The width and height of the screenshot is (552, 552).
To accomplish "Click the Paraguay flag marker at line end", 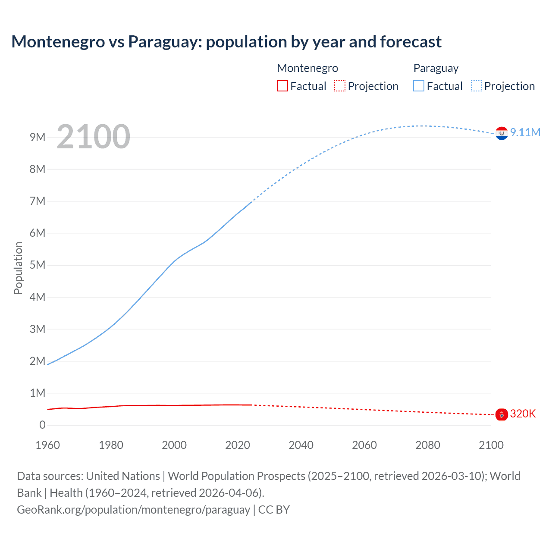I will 502,134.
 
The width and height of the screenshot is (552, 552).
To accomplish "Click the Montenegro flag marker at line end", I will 502,414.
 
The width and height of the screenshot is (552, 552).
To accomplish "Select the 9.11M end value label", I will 525,132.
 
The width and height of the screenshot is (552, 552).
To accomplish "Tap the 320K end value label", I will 523,414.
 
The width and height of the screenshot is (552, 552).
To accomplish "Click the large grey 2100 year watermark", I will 93,137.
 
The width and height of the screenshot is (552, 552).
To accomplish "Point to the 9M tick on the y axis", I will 38,137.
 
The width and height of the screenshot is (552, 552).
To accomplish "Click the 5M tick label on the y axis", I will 38,265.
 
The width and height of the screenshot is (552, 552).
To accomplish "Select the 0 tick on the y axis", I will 42,425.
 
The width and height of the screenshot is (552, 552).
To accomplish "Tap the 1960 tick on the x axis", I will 47,445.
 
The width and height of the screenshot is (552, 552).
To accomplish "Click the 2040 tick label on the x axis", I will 301,445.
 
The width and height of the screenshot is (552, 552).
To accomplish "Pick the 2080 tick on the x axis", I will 428,445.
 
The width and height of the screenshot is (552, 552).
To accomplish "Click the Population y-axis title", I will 18,268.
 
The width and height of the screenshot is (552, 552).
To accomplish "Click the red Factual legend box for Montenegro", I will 282,86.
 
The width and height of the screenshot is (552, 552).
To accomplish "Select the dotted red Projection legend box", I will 340,86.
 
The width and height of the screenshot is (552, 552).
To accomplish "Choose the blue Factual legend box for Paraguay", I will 419,86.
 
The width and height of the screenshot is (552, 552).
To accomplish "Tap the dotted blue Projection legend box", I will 477,86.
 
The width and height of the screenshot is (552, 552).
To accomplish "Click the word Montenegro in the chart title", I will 58,42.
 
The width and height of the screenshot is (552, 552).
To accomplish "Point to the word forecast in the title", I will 411,42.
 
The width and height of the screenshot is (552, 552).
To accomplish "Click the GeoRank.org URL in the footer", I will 133,509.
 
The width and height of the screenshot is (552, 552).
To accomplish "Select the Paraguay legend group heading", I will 436,68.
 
